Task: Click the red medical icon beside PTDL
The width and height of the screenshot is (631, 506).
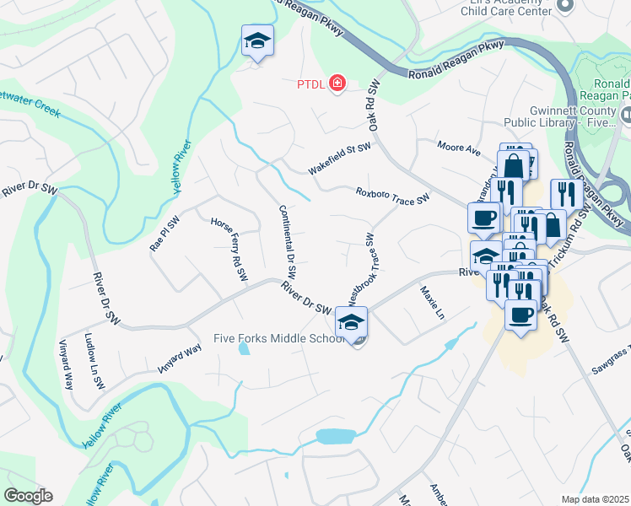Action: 337,83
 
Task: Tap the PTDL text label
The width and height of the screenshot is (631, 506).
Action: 310,83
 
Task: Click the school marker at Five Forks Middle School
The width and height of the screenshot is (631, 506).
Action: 352,321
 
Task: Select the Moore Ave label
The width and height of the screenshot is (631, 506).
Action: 458,148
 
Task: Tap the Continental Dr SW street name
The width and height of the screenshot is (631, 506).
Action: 287,241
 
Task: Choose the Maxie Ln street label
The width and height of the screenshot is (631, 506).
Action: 432,303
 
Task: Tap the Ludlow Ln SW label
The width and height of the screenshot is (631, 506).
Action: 94,359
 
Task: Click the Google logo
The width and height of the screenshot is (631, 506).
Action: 28,496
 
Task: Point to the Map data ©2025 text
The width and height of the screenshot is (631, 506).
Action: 595,499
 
